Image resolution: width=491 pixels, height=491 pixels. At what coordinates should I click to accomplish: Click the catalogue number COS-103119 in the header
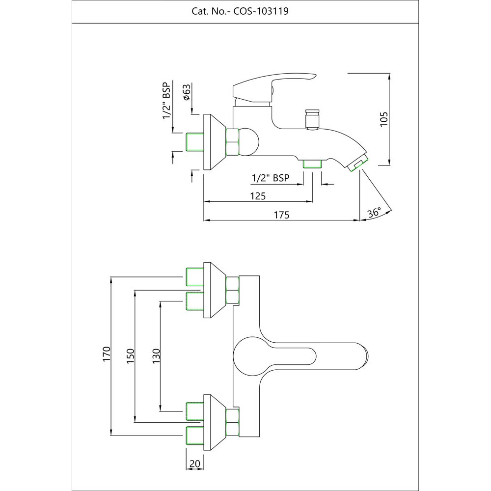coord(261,11)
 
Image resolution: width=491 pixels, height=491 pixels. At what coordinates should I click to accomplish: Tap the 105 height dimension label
coord(384,119)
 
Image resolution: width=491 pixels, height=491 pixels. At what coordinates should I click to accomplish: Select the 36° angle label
coord(374,212)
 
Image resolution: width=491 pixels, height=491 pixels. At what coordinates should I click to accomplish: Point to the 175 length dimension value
coord(282,215)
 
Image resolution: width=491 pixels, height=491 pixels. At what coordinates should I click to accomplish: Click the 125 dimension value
coord(258,196)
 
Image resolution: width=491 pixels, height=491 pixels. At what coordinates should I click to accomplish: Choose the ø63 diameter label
coord(187,92)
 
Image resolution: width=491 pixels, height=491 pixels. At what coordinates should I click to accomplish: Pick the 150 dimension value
coord(130,355)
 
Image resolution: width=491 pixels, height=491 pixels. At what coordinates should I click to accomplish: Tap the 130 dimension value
coord(156,355)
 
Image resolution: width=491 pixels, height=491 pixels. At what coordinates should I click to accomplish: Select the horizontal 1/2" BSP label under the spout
coord(270,178)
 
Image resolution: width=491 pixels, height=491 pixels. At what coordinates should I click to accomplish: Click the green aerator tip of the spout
coord(358,165)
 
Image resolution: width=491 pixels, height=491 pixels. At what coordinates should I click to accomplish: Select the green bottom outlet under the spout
coord(312,164)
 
